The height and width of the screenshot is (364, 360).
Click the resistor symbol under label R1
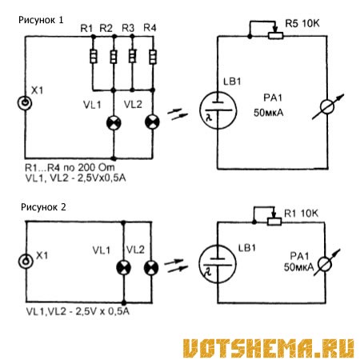[x=93, y=56]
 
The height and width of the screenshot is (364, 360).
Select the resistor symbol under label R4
[x=153, y=57]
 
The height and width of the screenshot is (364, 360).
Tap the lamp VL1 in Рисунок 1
[x=114, y=123]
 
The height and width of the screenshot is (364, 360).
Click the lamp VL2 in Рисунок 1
[x=152, y=122]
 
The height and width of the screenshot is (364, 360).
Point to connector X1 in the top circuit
[x=25, y=102]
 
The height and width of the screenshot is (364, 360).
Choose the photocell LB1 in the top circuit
[x=218, y=110]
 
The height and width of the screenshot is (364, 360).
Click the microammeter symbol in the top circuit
[x=327, y=107]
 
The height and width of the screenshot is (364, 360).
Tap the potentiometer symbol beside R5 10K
[x=275, y=35]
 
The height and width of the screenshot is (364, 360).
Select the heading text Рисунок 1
[x=41, y=20]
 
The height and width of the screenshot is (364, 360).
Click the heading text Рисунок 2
[x=43, y=207]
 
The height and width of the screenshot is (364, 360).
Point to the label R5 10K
[x=302, y=23]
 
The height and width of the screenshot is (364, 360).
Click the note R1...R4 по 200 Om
[x=70, y=168]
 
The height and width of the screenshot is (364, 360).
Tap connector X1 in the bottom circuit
[x=26, y=261]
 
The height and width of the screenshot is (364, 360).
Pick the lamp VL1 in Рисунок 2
[x=124, y=268]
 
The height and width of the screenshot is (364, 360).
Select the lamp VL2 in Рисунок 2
[x=151, y=268]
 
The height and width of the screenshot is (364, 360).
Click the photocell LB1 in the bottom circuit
[x=218, y=264]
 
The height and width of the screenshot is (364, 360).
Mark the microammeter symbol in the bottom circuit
[x=326, y=264]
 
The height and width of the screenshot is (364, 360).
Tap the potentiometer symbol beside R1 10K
[x=274, y=222]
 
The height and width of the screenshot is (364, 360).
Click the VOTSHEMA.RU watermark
[x=269, y=348]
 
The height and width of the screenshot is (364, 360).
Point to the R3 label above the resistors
[x=128, y=28]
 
